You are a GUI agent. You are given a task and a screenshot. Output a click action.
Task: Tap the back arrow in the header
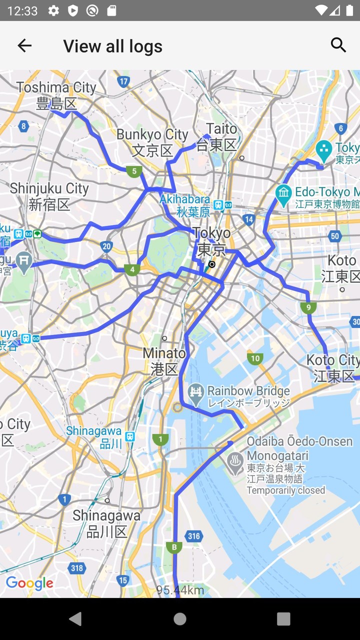pos(24,45)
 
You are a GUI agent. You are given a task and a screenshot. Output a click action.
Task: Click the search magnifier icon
pos(338,45)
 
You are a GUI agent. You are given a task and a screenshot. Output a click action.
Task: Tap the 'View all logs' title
pos(112,46)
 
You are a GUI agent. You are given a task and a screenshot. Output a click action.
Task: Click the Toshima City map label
pos(56,95)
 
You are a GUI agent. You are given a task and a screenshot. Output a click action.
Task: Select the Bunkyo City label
pos(152,142)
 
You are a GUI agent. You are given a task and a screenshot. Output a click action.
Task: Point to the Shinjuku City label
pos(49,196)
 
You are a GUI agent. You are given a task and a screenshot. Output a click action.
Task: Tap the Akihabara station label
pos(185,205)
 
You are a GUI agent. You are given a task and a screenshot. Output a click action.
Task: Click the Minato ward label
pos(164,361)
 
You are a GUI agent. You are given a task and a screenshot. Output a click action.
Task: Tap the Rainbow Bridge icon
pos(195,391)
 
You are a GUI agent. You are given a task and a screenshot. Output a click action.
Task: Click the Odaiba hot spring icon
pos(235,463)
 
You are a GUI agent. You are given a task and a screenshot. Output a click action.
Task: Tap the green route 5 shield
pos(133,171)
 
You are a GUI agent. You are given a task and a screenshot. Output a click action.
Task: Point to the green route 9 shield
pos(308,307)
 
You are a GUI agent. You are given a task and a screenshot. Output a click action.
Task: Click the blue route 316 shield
pos(193,536)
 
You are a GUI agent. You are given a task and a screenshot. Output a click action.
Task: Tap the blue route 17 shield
pos(123,81)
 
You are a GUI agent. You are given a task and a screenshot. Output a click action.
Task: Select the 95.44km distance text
pos(180,590)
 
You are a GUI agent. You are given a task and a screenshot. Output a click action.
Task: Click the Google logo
pos(29,583)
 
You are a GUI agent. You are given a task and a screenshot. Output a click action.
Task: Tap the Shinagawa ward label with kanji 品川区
pos(107,523)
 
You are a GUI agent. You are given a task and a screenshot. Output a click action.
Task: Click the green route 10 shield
pos(255,358)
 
